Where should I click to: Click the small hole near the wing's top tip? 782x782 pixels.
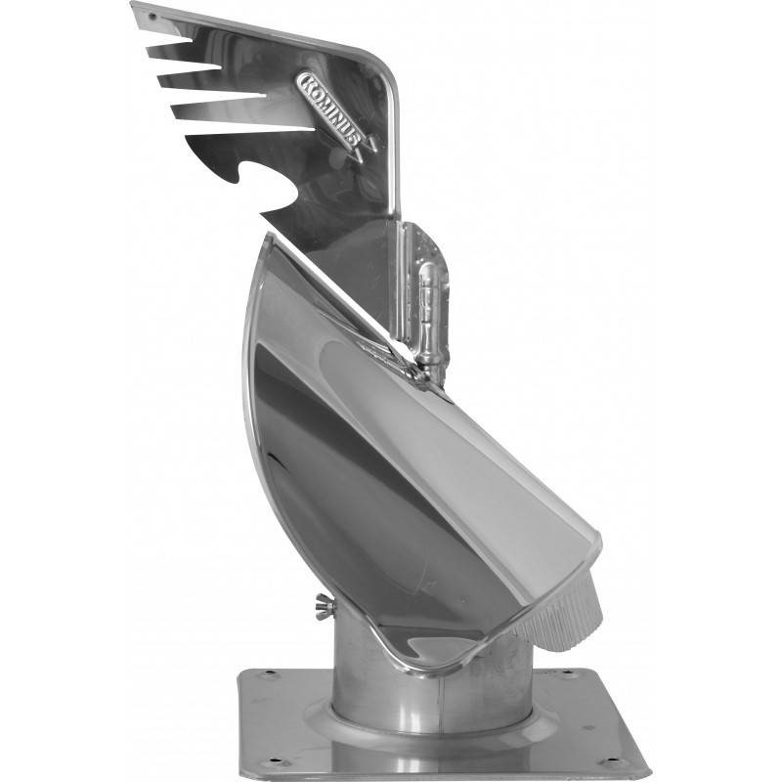tap(152, 18)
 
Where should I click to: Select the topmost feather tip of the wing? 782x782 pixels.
tap(134, 6)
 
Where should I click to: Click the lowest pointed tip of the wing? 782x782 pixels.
tap(263, 213)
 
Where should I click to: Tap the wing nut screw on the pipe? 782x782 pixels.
tap(323, 605)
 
